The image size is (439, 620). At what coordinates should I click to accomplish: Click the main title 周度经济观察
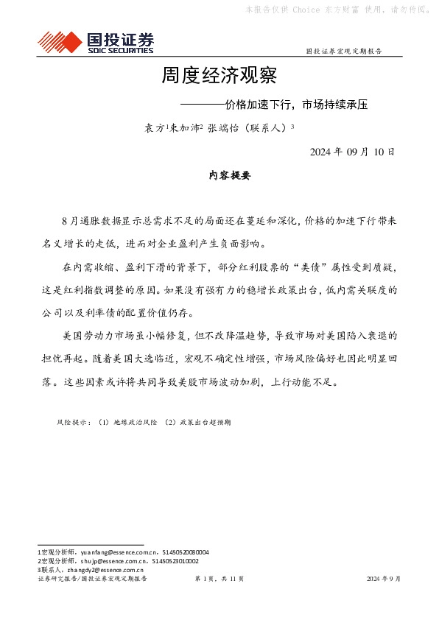pyautogui.click(x=219, y=76)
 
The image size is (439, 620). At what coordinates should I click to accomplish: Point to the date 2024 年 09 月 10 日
pyautogui.click(x=352, y=152)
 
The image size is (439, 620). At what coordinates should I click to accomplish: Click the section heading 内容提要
pyautogui.click(x=230, y=176)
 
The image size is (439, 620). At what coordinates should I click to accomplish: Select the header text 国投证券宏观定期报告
pyautogui.click(x=343, y=52)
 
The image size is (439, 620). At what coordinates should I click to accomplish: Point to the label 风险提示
pyautogui.click(x=73, y=423)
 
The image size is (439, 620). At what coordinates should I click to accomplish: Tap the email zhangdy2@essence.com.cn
pyautogui.click(x=104, y=570)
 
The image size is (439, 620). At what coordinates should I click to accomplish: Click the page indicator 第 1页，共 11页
pyautogui.click(x=219, y=580)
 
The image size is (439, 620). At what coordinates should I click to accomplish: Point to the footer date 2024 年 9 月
pyautogui.click(x=384, y=580)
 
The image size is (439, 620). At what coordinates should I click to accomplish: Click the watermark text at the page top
pyautogui.click(x=336, y=10)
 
